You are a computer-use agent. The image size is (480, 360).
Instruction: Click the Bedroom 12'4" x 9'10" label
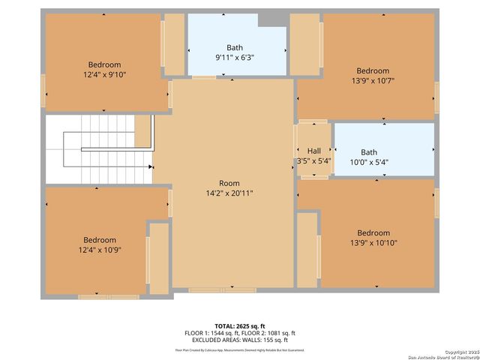[x=104, y=69]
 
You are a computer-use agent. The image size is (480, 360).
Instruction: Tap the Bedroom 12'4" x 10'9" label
[x=100, y=244]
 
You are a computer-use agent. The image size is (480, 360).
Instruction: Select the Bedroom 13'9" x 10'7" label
[x=373, y=76]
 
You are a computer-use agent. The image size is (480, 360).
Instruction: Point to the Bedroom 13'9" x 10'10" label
[x=373, y=238]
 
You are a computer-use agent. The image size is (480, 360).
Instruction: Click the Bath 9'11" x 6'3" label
[x=235, y=52]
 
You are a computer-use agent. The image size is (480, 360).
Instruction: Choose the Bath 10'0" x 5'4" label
[x=369, y=156]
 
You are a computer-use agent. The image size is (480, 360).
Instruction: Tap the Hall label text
[x=313, y=151]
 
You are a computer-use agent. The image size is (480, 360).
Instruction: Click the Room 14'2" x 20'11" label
[x=229, y=188]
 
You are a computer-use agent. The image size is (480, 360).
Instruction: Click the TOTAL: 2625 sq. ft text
[x=239, y=326]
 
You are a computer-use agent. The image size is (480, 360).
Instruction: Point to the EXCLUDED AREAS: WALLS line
[x=239, y=340]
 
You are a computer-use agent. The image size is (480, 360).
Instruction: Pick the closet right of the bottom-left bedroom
[x=158, y=257]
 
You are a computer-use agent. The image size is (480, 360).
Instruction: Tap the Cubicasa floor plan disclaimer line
[x=239, y=349]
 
